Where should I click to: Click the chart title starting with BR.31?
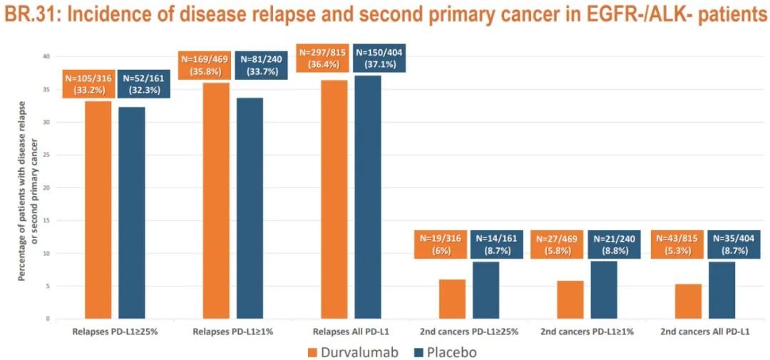[385, 15]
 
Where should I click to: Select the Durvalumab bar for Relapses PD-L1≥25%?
[98, 210]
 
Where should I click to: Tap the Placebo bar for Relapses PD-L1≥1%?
[250, 208]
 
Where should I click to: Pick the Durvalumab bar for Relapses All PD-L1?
[334, 200]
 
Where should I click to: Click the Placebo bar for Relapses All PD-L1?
[368, 197]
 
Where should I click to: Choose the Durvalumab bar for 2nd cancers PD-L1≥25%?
[452, 299]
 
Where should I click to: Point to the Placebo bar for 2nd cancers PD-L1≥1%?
[604, 289]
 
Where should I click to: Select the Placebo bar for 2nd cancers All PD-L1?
[722, 290]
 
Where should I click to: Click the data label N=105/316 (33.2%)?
[88, 85]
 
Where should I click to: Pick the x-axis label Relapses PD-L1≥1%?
[233, 331]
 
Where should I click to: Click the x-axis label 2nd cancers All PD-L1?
[704, 331]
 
